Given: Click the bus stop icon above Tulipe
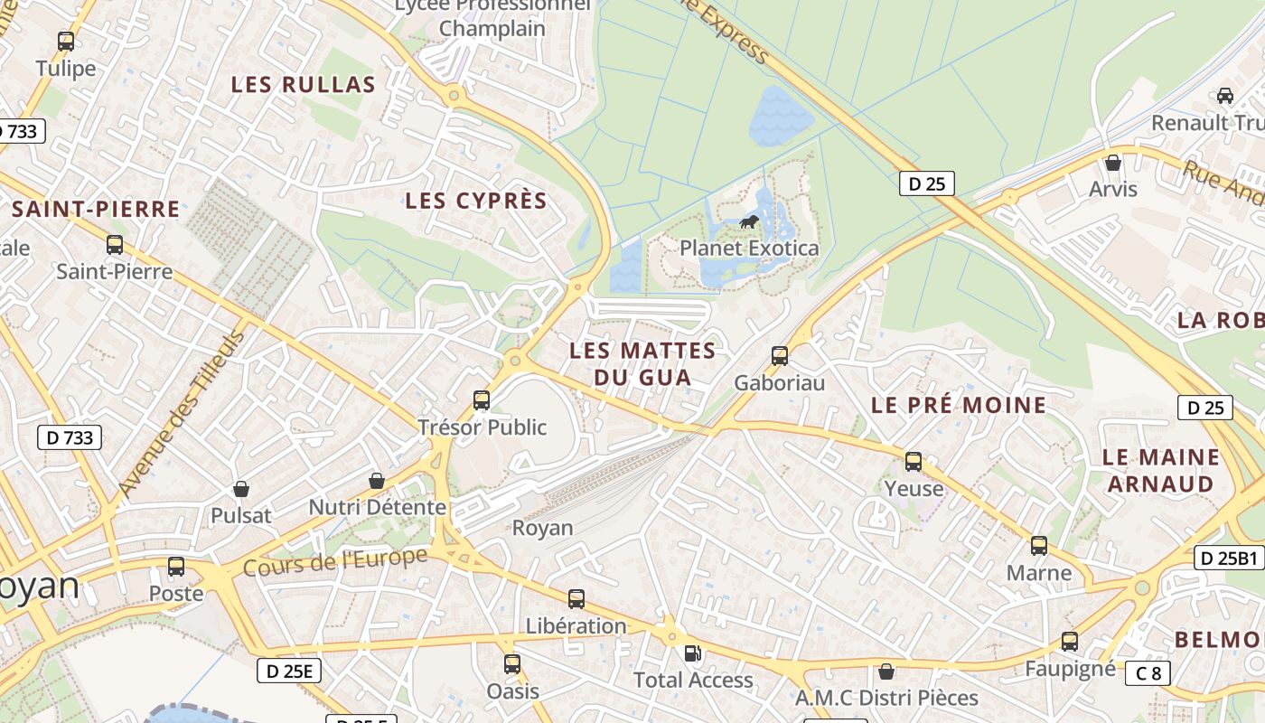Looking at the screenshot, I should [x=66, y=41].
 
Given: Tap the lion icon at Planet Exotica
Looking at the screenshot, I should [x=749, y=221].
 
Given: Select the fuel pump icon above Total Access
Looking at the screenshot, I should [x=693, y=653].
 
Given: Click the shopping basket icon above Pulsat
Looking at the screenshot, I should [x=241, y=489].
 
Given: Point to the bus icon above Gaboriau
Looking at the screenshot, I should [x=780, y=355].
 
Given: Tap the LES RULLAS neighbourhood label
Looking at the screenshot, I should [x=303, y=85].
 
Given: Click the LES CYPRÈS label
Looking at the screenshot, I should [x=476, y=201].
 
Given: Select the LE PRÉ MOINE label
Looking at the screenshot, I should [x=959, y=405].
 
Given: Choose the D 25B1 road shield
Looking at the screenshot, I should [x=1229, y=558].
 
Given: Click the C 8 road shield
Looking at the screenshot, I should [x=1148, y=672].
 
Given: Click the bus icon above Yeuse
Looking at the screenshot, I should [x=914, y=462].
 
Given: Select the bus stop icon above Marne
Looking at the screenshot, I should [x=1039, y=546].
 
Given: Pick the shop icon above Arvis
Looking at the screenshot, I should [x=1113, y=163].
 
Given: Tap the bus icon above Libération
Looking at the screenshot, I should [x=576, y=598].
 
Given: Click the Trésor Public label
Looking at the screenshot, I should [x=483, y=427].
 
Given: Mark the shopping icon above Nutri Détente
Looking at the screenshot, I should [x=377, y=481].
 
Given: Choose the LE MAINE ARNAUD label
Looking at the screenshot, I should [x=1161, y=470].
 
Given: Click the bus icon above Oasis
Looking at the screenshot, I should [x=512, y=664].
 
